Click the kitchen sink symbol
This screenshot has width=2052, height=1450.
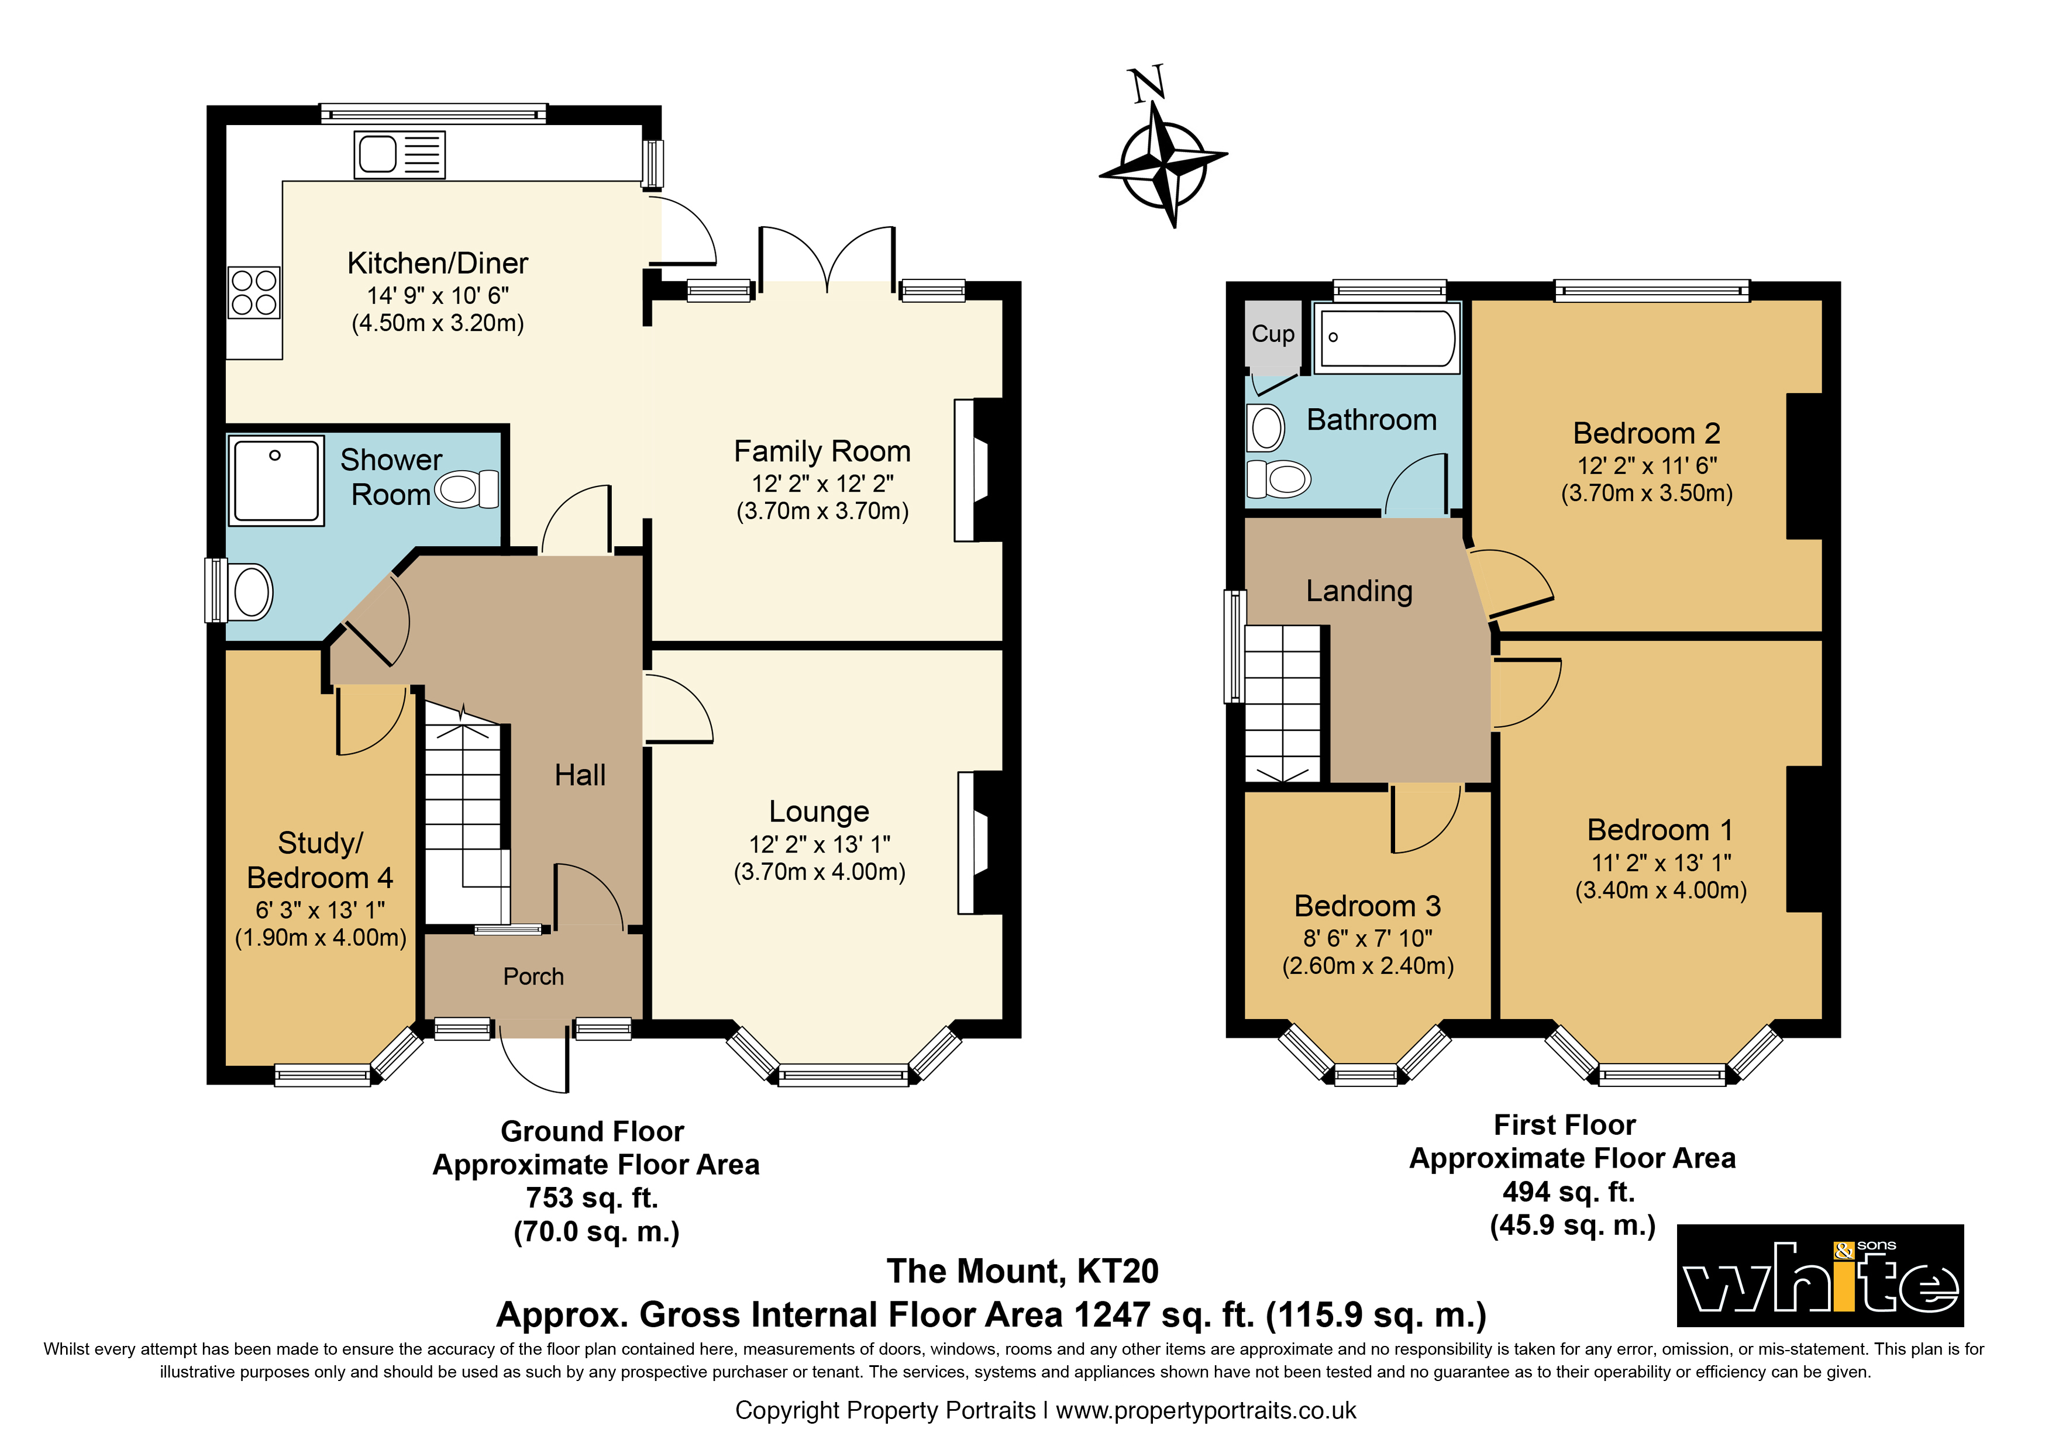coord(400,154)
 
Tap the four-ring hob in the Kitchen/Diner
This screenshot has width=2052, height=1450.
coord(254,293)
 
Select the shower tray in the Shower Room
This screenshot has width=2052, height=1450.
coord(276,481)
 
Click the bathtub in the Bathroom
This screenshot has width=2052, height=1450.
coord(1387,338)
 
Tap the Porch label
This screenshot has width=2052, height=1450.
coord(533,976)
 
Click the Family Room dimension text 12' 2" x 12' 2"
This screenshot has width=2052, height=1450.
coord(822,484)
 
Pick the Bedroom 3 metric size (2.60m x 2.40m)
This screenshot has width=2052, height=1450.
coord(1368,966)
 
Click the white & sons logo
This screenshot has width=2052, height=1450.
coord(1820,1275)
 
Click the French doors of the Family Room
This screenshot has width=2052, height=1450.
coord(827,259)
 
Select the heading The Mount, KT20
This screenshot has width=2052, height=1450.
coord(1022,1271)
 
